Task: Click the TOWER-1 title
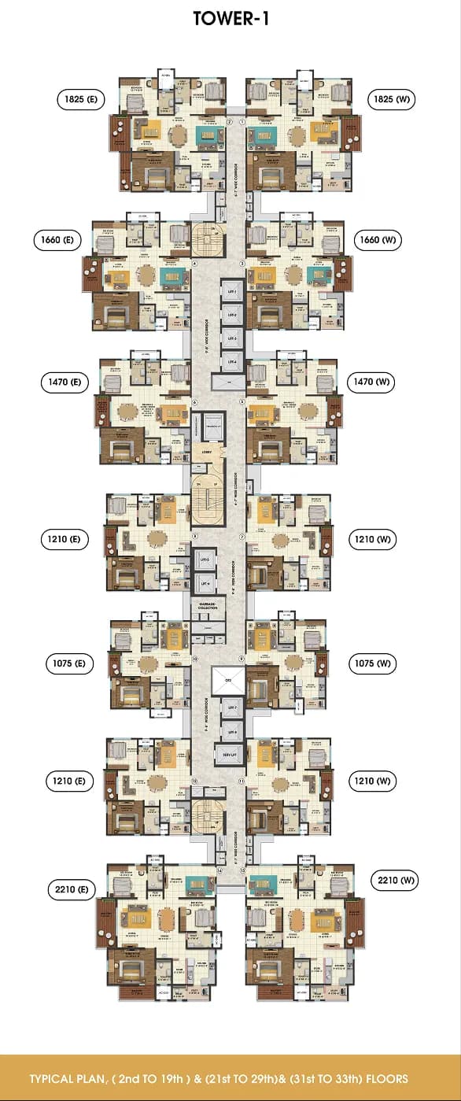[x=230, y=20]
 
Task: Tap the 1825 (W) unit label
[x=392, y=99]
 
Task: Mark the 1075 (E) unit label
[x=68, y=663]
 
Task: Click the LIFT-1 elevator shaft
[x=232, y=292]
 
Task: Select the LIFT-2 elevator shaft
[x=232, y=316]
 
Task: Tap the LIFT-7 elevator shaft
[x=231, y=708]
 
